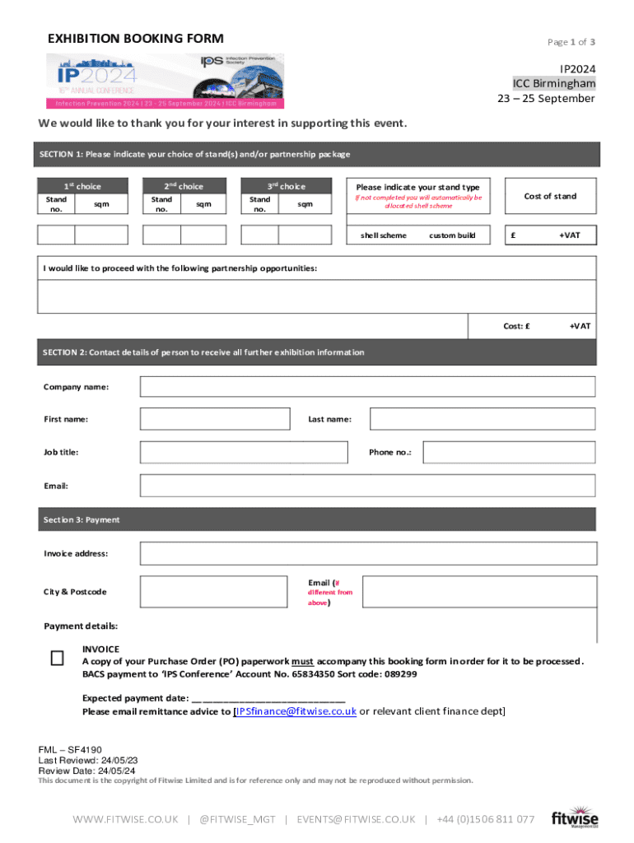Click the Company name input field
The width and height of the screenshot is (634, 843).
tap(367, 386)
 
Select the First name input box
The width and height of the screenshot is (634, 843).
tap(215, 419)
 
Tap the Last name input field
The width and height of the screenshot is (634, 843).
tap(482, 419)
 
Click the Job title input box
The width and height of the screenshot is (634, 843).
tap(244, 452)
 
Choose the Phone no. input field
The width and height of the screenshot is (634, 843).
tap(508, 452)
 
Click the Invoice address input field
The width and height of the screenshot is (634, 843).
tap(367, 553)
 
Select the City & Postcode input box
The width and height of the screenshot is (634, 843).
tap(215, 591)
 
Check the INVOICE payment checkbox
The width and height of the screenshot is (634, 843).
tap(57, 658)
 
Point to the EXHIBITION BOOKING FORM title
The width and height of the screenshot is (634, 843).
tap(135, 40)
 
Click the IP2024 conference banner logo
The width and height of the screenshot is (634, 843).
tap(165, 81)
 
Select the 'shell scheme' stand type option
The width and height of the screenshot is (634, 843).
tap(383, 235)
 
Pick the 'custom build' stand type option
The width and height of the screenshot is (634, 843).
tap(452, 235)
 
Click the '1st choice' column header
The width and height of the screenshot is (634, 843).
tap(82, 186)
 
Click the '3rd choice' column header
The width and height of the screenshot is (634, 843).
tap(286, 186)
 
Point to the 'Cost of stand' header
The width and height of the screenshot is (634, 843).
tap(550, 196)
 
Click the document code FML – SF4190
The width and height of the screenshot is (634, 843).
tap(70, 750)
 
